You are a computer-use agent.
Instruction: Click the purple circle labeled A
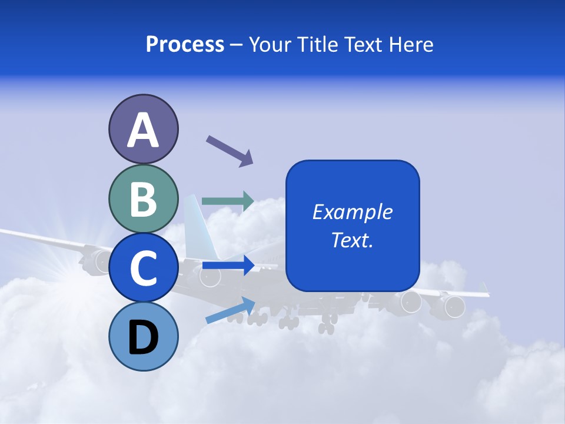143,129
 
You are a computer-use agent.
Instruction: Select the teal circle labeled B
143,199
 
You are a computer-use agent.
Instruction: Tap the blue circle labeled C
143,267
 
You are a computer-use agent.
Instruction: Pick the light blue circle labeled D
143,336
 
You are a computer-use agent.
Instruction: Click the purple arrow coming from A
230,151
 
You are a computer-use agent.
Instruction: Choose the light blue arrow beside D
230,310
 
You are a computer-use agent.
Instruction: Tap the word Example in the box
353,212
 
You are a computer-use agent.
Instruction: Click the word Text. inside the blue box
353,240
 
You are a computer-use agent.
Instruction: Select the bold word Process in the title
185,44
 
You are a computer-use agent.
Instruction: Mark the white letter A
143,130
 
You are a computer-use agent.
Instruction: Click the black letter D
143,337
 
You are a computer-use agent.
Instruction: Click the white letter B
143,200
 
